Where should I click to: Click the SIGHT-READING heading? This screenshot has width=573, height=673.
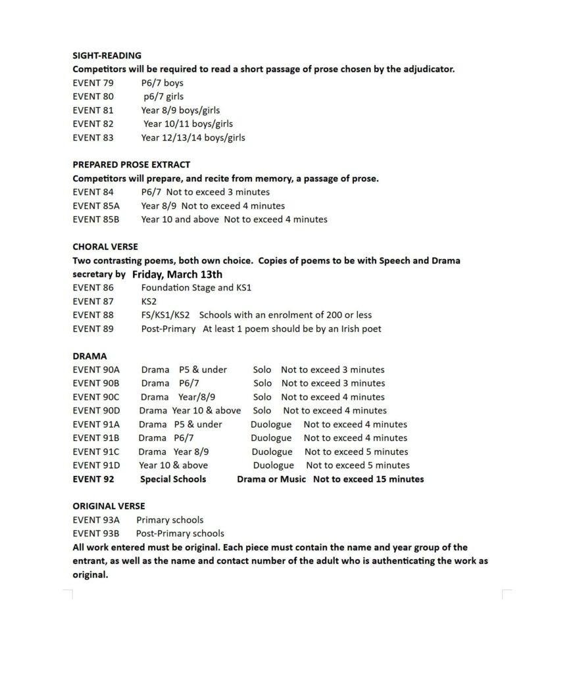click(107, 55)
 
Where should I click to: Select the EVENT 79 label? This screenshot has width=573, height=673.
click(93, 83)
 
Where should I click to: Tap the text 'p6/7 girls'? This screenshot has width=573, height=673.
click(163, 97)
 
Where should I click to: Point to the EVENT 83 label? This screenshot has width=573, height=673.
click(93, 137)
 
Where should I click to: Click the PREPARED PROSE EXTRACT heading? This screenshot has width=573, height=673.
click(131, 164)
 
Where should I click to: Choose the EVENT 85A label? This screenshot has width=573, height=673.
click(95, 206)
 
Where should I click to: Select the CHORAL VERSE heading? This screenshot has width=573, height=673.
click(105, 246)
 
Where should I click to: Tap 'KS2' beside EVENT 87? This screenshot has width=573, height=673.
click(149, 301)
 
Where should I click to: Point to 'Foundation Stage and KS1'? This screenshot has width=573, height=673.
click(196, 288)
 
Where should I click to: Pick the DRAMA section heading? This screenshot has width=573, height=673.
click(89, 356)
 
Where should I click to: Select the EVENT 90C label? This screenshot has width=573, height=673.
click(96, 397)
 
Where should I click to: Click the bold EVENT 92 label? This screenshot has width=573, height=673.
click(93, 479)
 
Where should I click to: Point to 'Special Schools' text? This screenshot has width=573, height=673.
click(173, 479)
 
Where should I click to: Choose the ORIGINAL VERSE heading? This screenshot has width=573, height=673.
click(109, 506)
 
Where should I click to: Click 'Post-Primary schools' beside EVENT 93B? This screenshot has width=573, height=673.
click(180, 534)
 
